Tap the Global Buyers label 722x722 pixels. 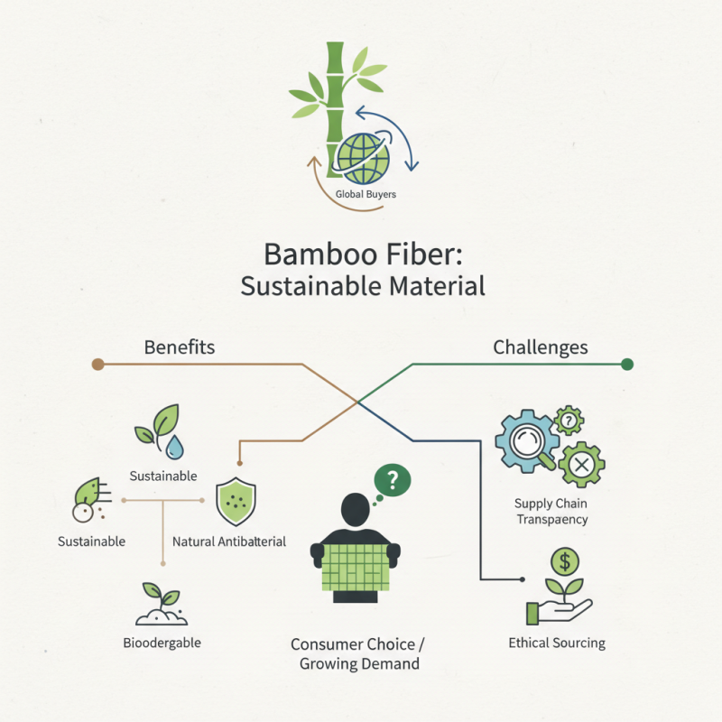tap(366, 194)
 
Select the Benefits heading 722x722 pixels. tap(180, 347)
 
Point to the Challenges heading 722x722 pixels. tap(541, 347)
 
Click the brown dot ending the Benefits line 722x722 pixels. tap(98, 365)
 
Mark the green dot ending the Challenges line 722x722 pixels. tap(627, 365)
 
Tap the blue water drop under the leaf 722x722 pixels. tap(173, 444)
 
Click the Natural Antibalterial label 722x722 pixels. tap(229, 541)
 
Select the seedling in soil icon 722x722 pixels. tap(162, 605)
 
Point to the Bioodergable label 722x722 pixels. tap(162, 643)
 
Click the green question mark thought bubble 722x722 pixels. tap(392, 480)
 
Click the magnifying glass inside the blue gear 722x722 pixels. tap(524, 441)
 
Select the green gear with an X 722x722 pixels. tap(581, 465)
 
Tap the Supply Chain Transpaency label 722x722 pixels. tap(551, 511)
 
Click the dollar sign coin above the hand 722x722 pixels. tap(565, 562)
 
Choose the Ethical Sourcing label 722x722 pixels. tap(557, 643)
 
